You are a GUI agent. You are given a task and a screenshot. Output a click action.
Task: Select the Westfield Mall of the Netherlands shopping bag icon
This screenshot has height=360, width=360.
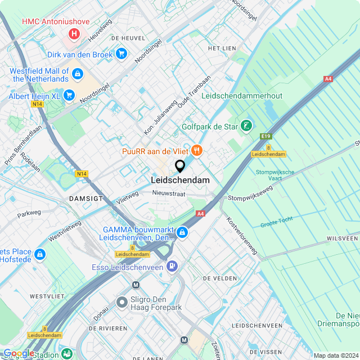[x=78, y=74]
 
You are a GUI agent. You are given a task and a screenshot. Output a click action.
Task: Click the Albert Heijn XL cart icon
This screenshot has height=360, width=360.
[x=69, y=96]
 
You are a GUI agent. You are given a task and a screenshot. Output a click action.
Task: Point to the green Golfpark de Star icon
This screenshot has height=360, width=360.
[x=246, y=127]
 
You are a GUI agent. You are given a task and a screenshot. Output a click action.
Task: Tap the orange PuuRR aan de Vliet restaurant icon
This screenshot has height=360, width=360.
[x=196, y=150]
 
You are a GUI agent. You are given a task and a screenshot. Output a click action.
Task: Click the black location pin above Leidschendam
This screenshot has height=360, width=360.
[x=180, y=166]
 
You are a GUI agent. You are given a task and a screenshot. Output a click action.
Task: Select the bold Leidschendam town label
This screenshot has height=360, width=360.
[x=180, y=180]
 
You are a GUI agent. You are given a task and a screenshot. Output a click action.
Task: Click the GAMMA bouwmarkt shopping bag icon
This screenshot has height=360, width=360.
[x=182, y=232]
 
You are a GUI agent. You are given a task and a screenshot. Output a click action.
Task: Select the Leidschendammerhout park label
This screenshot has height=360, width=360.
[x=245, y=96]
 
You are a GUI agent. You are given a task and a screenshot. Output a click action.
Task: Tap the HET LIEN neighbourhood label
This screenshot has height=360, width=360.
[x=222, y=49]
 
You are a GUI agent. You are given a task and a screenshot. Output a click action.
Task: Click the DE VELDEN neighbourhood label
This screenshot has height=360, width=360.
[x=219, y=278]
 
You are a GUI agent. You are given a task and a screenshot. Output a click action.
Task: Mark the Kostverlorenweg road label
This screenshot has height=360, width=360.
[x=241, y=236]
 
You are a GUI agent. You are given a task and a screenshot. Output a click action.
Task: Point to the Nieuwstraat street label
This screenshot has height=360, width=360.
[x=169, y=193]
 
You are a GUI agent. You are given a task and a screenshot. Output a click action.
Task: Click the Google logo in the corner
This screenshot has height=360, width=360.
[x=18, y=353]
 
